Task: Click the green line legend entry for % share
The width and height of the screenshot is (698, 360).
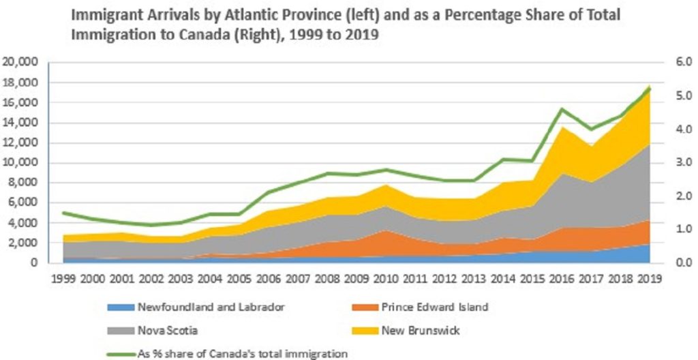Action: click(x=224, y=352)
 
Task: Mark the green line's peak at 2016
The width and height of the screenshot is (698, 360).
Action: click(x=561, y=109)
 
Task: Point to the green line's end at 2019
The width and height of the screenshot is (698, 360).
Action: click(x=650, y=88)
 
